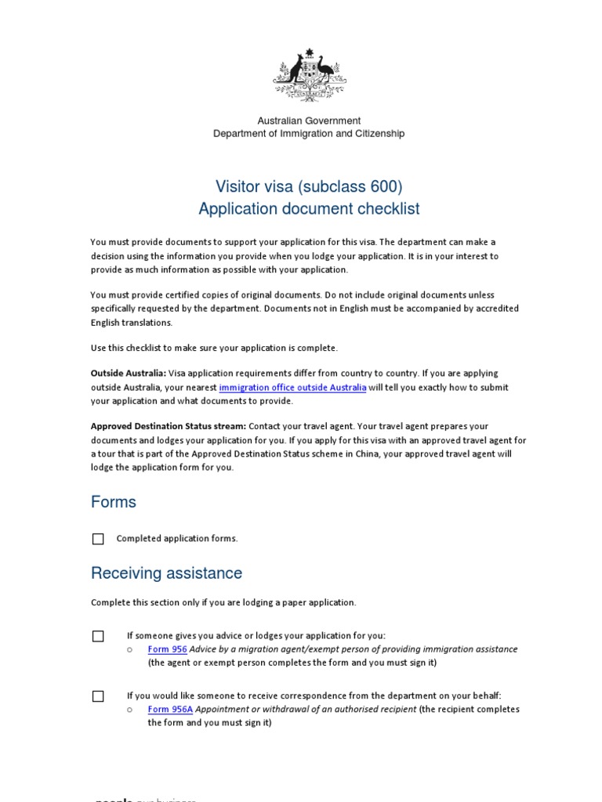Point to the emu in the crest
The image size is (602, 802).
coord(325,73)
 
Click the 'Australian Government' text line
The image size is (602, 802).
coord(309,121)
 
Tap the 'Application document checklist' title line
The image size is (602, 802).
coord(309,209)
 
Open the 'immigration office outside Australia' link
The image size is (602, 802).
coord(292,388)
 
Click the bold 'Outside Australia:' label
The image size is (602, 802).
coord(129,374)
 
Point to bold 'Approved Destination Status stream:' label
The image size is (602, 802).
coord(169,426)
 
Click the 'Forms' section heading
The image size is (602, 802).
coord(114,502)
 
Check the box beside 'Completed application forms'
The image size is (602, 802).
coord(98,539)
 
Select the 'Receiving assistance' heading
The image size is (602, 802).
coord(166,573)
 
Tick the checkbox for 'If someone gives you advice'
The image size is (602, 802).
coord(98,636)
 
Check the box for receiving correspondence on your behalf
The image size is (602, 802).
coord(98,695)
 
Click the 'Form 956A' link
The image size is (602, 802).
coord(170,710)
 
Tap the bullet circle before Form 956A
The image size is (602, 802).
coord(131,710)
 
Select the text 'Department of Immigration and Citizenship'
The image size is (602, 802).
coord(309,134)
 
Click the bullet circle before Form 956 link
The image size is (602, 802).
coord(131,649)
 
